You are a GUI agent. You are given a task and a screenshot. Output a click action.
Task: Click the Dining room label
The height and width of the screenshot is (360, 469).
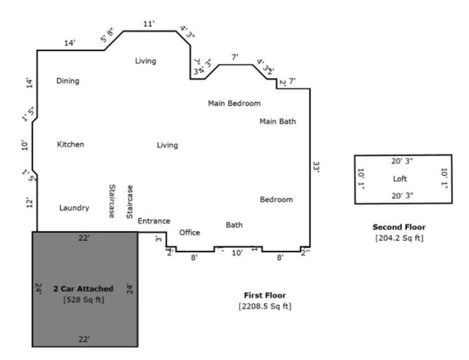click(x=68, y=81)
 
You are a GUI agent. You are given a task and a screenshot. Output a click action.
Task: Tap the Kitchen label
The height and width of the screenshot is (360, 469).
click(x=71, y=144)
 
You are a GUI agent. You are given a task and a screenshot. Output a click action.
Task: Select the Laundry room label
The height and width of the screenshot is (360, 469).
click(x=74, y=208)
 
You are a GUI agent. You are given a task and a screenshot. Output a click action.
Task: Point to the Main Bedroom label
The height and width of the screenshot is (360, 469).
click(x=234, y=103)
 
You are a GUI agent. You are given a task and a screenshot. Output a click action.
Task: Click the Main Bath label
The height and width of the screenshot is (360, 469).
click(x=278, y=121)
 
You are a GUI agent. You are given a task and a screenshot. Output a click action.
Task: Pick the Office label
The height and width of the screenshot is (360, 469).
click(x=190, y=232)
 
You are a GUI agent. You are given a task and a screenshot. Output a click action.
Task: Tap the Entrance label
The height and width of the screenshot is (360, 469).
click(x=154, y=221)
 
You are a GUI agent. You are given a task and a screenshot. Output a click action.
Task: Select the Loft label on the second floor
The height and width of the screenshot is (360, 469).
click(x=400, y=178)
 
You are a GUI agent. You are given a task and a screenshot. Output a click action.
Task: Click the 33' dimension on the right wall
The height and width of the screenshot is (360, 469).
click(x=315, y=166)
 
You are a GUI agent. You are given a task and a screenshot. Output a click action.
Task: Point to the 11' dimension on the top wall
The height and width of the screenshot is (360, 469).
click(x=149, y=24)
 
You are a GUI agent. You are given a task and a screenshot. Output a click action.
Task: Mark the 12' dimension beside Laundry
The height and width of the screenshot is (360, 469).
click(x=29, y=202)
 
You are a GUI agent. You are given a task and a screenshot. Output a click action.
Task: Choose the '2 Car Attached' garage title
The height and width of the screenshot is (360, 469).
click(x=83, y=289)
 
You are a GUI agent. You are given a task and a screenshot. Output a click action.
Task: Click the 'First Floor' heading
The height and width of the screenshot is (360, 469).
click(x=265, y=295)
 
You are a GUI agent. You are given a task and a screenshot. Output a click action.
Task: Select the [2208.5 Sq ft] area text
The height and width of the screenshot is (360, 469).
click(x=265, y=306)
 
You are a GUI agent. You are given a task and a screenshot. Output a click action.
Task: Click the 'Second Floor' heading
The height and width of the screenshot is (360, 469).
click(x=399, y=227)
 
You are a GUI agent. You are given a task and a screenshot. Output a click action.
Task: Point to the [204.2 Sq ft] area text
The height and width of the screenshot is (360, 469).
click(x=399, y=237)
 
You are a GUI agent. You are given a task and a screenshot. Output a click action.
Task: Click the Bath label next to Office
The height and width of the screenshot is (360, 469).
click(x=234, y=225)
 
